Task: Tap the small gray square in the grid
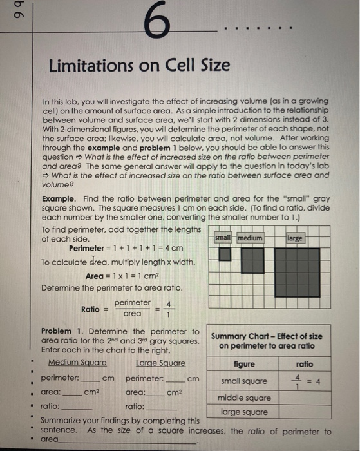225,254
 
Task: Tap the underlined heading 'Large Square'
160,363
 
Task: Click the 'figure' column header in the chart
244,364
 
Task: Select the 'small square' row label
244,381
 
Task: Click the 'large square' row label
244,411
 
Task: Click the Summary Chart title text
267,340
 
